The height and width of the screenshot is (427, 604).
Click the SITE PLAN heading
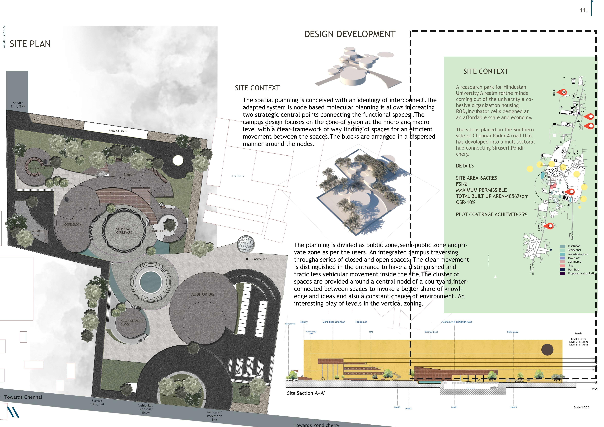(x=30, y=44)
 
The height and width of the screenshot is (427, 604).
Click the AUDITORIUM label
(x=203, y=294)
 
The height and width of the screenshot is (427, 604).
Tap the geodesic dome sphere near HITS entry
(x=246, y=244)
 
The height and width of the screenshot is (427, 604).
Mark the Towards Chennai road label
(x=23, y=397)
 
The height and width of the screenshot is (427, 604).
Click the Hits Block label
(x=238, y=176)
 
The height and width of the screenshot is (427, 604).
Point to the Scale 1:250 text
(x=581, y=407)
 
